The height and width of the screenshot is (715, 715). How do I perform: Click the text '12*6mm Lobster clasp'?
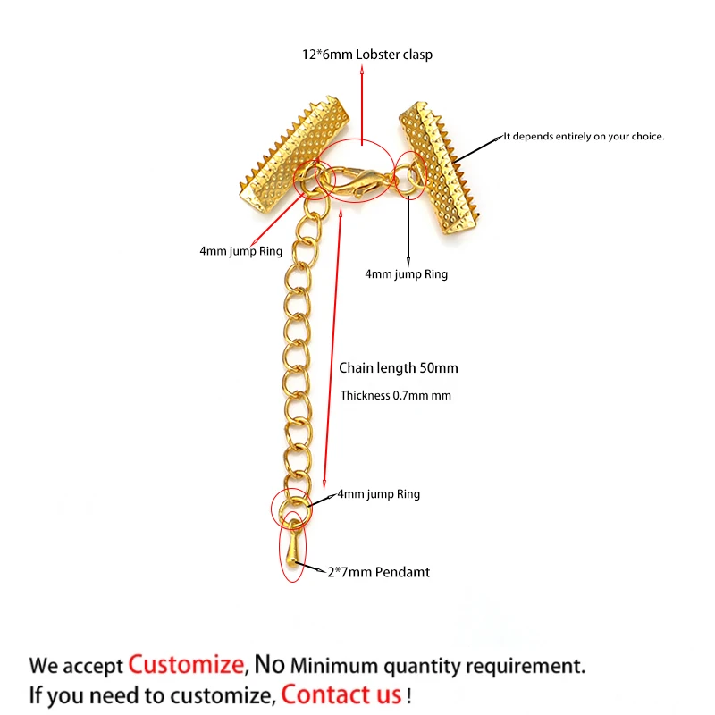366,55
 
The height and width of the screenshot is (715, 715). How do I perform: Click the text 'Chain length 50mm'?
399,367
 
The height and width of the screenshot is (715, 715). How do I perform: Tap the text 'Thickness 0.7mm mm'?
396,395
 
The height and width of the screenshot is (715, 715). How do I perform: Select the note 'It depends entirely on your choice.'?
584,136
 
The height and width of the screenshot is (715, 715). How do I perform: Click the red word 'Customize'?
186,664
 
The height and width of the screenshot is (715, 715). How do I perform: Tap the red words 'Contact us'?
341,694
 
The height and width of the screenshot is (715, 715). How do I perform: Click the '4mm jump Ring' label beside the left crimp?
240,252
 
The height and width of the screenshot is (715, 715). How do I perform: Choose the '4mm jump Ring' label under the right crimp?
407,274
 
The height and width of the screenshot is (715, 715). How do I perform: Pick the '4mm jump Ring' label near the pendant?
378,494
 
